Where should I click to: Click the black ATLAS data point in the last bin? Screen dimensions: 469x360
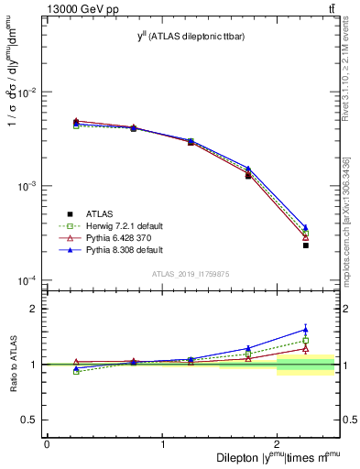305,245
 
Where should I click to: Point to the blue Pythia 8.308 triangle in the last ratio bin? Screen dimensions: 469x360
305,330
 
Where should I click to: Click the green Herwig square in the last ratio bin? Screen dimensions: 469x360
305,341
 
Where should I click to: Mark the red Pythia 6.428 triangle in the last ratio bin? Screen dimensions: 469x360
305,349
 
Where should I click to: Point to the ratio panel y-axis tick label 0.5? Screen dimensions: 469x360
29,420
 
